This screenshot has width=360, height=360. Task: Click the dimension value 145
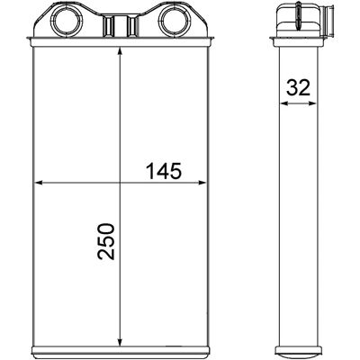pos(164,171)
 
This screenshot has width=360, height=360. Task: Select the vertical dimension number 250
pos(106,241)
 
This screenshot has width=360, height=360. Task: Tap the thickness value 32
pos(298,87)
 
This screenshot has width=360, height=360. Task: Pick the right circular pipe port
pos(173,20)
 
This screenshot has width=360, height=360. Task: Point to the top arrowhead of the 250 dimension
pos(120,51)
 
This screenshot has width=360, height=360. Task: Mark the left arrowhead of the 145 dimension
pos(38,183)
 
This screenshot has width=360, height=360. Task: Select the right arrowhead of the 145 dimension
pos(202,183)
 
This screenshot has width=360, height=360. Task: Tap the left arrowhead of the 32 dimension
pos(283,103)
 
